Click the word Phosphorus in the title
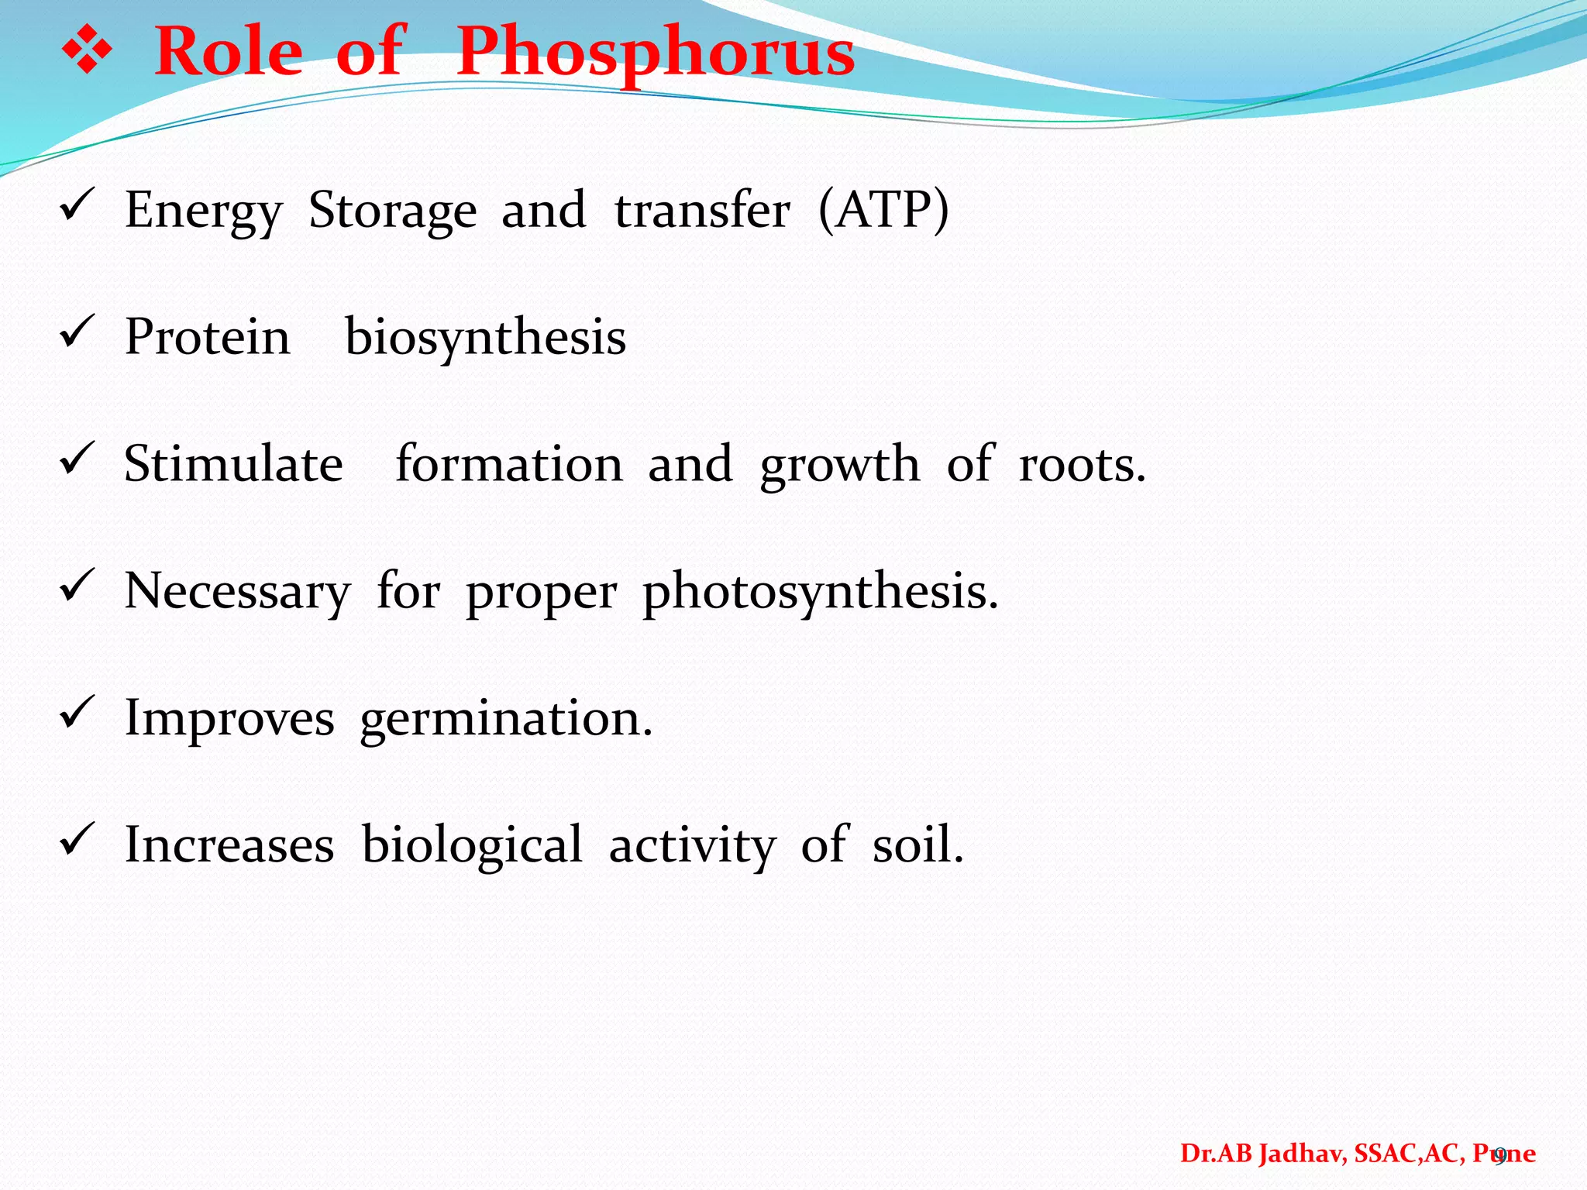(655, 53)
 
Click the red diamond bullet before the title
(87, 52)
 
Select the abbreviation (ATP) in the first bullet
(883, 210)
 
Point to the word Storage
(392, 211)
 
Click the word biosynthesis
(485, 338)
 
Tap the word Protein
(208, 337)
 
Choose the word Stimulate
(233, 464)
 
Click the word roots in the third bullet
(1080, 464)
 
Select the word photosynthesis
(819, 592)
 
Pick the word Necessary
(237, 592)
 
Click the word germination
(505, 719)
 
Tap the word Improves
(229, 719)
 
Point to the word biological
(472, 844)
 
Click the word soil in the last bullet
(917, 844)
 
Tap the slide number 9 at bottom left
(68, 1157)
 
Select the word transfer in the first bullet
(702, 210)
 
